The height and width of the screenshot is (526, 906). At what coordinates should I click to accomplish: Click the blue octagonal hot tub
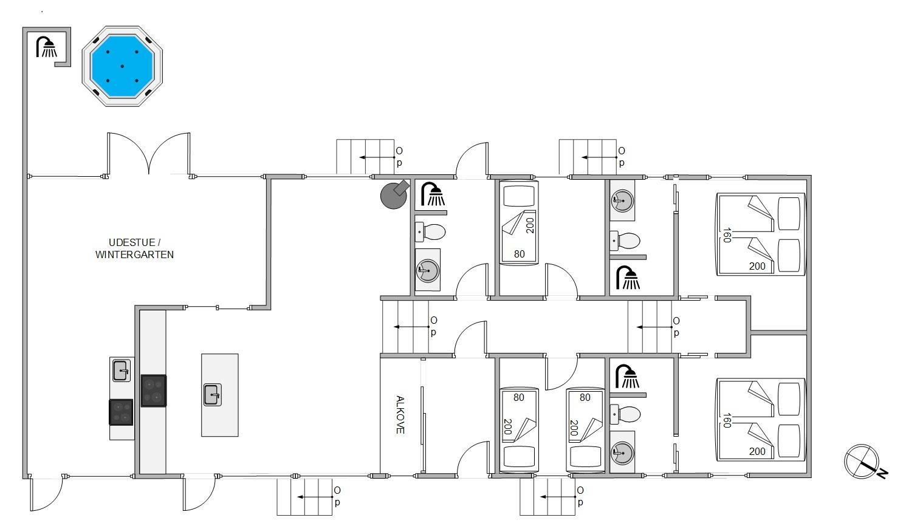coord(122,66)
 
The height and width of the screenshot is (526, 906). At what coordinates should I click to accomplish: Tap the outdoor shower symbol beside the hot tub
coord(47,47)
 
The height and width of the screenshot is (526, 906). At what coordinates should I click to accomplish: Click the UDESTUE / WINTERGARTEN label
coord(134,248)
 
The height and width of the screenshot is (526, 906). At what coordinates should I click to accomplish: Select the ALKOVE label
coord(400,415)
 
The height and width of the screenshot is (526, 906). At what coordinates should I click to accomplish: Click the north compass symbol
coord(863,462)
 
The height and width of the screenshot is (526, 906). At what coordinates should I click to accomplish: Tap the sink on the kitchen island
coord(212,395)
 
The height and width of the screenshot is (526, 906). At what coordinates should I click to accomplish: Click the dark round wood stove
coord(394,195)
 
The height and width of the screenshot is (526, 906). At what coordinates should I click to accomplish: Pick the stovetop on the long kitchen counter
coord(154,391)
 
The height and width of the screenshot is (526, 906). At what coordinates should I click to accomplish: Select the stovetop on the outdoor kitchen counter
coord(121,412)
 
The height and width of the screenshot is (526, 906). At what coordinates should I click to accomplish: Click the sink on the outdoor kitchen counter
coord(121,371)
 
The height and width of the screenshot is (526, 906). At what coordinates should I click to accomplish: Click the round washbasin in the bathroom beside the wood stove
coord(428,270)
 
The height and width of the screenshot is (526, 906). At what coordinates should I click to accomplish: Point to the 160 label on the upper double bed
coord(727,235)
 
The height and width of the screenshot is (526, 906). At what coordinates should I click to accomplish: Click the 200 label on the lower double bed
coord(757,451)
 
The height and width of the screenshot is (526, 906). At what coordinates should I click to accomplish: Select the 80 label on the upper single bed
coord(520,254)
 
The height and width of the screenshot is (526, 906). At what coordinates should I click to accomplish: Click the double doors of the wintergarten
coord(148,154)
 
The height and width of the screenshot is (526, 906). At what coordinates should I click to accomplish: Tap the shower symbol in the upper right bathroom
coord(628,278)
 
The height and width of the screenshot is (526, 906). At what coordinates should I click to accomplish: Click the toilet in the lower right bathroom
coord(625,414)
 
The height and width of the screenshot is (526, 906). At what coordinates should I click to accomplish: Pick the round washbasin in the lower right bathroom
coord(622,453)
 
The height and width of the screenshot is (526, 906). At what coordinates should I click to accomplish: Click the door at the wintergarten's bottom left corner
coord(46,494)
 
